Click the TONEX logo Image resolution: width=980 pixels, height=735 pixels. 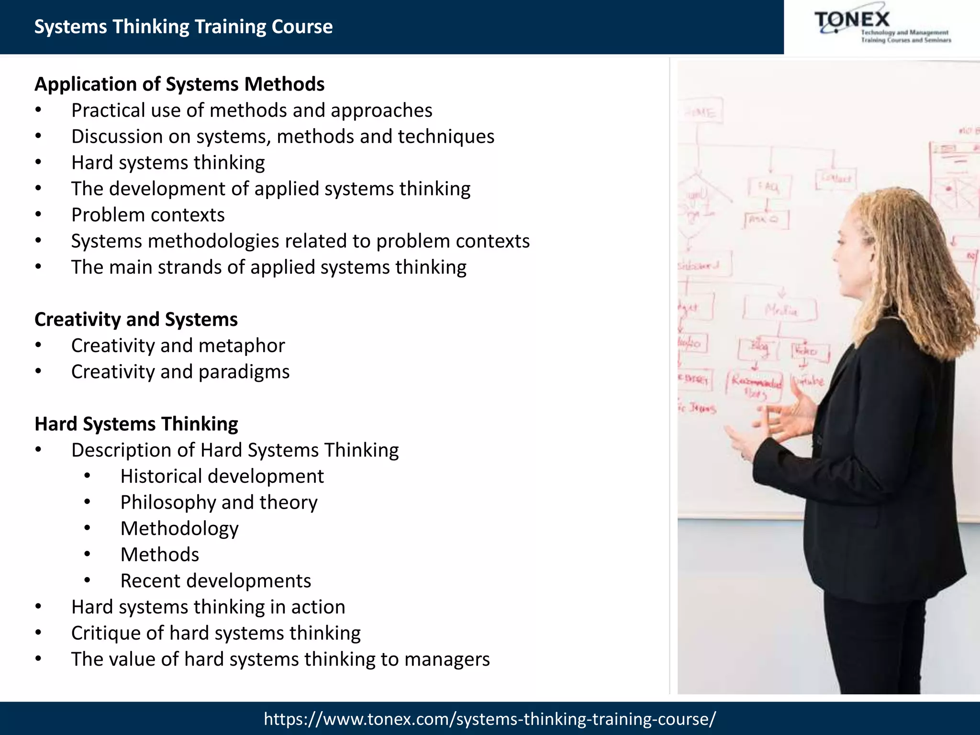click(881, 27)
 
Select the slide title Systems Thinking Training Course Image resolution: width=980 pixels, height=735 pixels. click(183, 27)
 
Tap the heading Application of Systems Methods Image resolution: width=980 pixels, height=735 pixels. click(179, 84)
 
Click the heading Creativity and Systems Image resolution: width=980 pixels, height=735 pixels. click(136, 320)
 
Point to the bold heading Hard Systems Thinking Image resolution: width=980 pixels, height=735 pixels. click(136, 424)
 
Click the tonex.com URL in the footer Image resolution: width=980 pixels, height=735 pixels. click(490, 718)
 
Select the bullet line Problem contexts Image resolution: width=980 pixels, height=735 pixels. click(148, 215)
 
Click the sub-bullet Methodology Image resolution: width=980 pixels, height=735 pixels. click(179, 528)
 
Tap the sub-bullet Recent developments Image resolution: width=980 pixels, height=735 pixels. click(215, 580)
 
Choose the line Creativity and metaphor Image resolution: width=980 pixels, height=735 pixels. click(178, 345)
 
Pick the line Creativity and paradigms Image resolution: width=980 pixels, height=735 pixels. click(180, 372)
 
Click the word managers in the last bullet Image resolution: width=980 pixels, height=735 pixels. click(447, 659)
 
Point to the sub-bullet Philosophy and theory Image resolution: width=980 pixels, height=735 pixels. click(219, 502)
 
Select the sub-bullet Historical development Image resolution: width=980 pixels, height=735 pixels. click(222, 476)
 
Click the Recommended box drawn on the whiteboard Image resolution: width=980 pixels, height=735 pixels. click(756, 386)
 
